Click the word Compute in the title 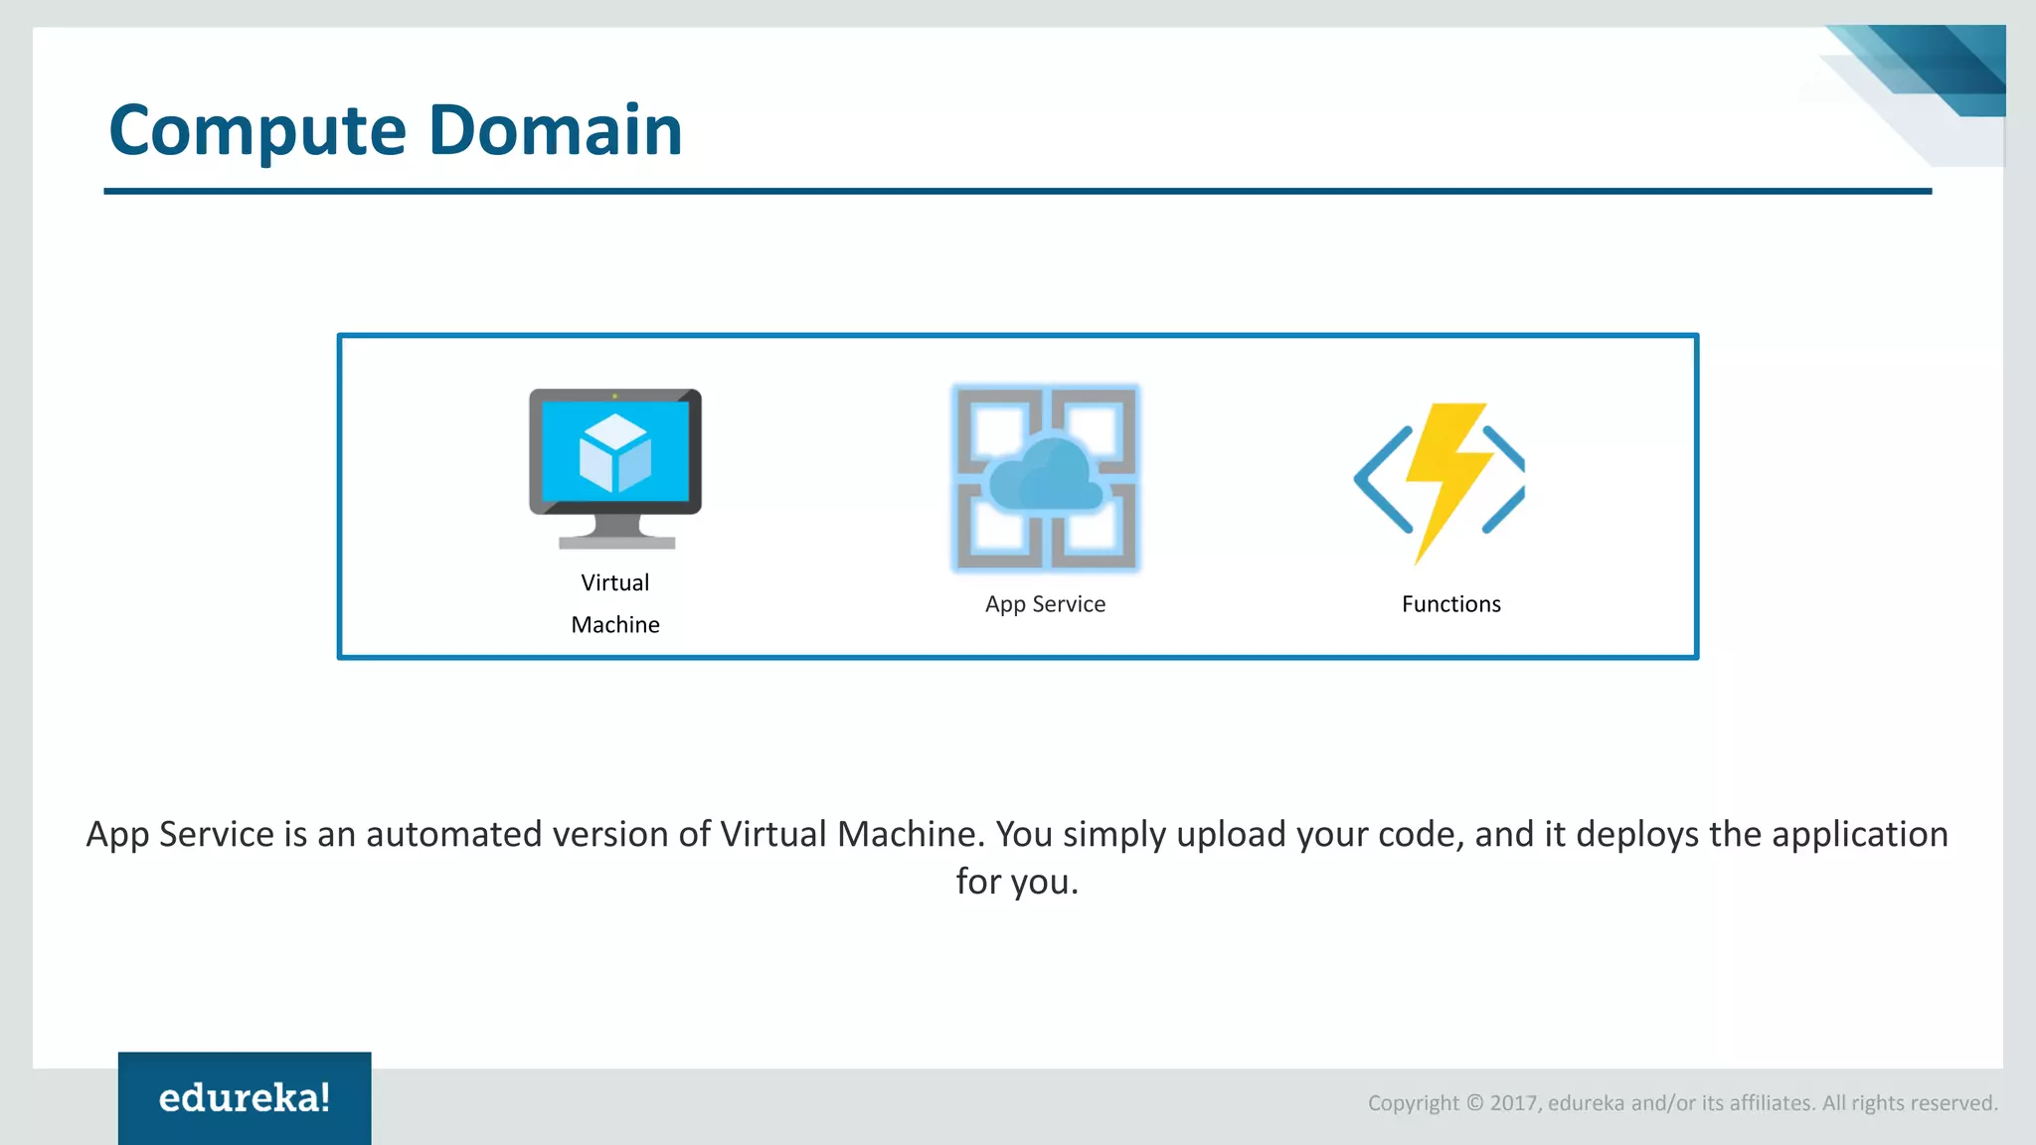coord(257,131)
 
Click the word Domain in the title coord(555,129)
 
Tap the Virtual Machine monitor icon coord(615,467)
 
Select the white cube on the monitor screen coord(615,452)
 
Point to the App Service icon coord(1045,478)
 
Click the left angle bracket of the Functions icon coord(1382,479)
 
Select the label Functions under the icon coord(1450,604)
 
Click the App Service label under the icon coord(1045,604)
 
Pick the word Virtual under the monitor coord(614,582)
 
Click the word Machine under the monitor coord(614,625)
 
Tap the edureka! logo coord(245,1098)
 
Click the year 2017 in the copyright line coord(1513,1103)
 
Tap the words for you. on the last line coord(1017,882)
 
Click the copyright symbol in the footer coord(1474,1103)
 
